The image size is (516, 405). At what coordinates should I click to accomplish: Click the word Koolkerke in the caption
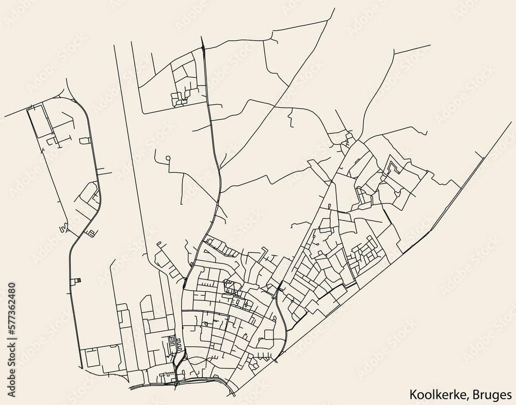click(x=439, y=395)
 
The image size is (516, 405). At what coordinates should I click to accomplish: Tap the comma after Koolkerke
click(x=469, y=398)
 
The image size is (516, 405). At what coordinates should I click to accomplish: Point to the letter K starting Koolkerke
click(x=414, y=395)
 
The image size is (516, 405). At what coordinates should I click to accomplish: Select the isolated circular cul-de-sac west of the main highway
click(x=168, y=158)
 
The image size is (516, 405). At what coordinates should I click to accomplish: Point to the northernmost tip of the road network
click(x=334, y=9)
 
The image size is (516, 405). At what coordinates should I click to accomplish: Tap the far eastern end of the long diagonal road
click(x=510, y=123)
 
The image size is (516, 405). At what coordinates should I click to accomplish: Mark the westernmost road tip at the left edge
click(x=4, y=116)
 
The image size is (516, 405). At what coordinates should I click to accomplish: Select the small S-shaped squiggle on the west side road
click(x=63, y=227)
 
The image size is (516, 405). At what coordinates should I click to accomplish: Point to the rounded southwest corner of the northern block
click(x=143, y=111)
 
